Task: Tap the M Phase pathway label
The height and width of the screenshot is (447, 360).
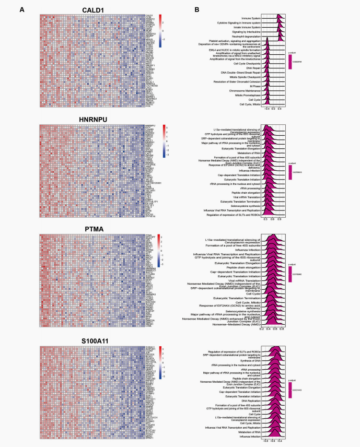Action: coord(254,85)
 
